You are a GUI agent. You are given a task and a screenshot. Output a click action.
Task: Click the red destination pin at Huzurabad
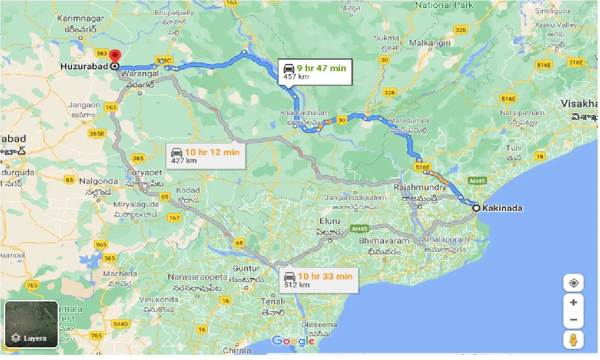tap(115, 57)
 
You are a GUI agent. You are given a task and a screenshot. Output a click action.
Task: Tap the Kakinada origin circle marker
tap(476, 208)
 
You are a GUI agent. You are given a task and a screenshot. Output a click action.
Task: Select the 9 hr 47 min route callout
tap(315, 72)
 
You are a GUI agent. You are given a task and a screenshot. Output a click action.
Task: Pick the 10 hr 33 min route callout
tap(318, 280)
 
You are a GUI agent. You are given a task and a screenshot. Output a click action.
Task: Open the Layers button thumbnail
tap(31, 324)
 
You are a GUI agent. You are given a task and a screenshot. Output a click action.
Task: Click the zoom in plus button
tap(573, 302)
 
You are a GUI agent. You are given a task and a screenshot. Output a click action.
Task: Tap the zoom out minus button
tap(573, 320)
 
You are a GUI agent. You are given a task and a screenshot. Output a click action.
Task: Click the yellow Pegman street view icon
tap(573, 339)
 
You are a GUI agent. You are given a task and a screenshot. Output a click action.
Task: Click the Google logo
tap(293, 341)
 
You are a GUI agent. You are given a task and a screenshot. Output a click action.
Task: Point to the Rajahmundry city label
tap(420, 187)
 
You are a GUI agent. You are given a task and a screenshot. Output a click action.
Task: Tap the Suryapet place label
tap(144, 172)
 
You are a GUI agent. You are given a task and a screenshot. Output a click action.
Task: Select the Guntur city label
tap(246, 269)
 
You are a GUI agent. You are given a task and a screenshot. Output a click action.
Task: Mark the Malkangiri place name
tap(430, 43)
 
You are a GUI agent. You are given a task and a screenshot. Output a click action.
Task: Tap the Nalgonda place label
tap(98, 181)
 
